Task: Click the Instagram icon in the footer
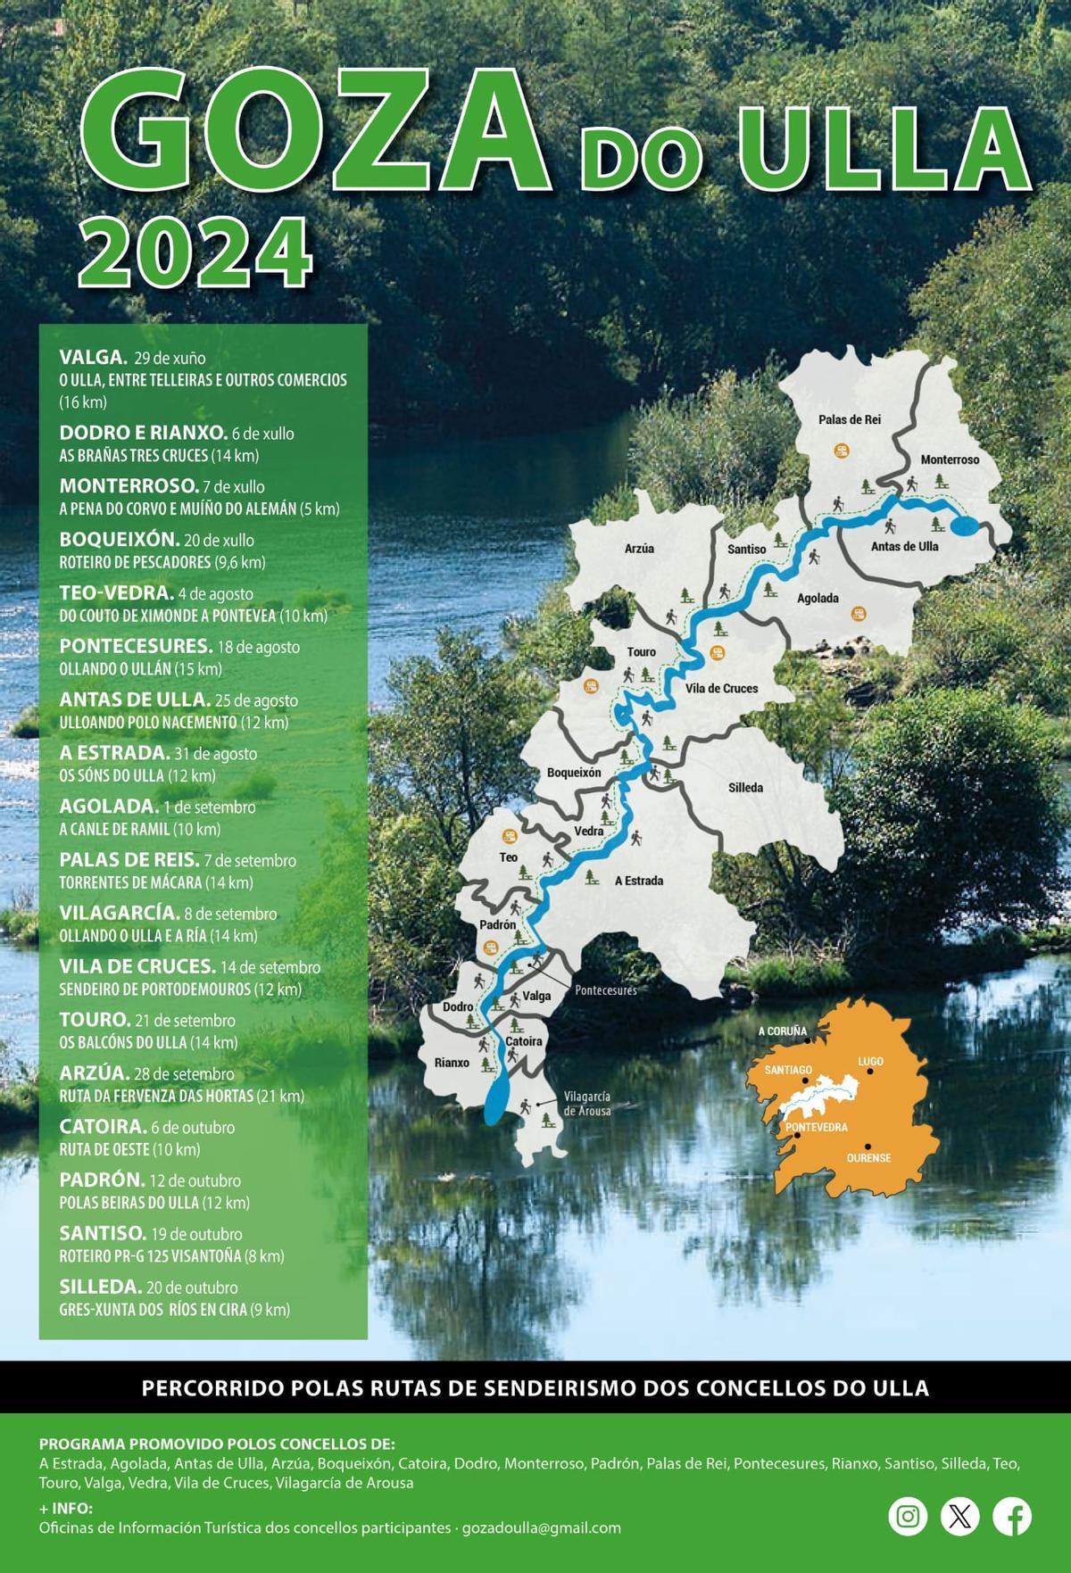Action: point(908,1516)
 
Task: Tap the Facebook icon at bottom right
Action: point(1012,1516)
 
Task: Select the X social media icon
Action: point(960,1516)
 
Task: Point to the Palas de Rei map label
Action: point(850,419)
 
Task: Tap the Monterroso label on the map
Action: point(950,459)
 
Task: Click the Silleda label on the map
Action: point(745,788)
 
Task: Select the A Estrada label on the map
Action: point(639,881)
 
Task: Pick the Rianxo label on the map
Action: point(452,1063)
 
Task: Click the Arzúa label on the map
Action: point(639,549)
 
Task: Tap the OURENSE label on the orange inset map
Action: point(868,1158)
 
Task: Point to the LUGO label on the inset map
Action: point(870,1062)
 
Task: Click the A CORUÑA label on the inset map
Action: point(783,1031)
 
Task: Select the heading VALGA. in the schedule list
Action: point(93,358)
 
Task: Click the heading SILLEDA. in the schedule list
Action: point(100,1287)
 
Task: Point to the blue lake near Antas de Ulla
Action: point(964,526)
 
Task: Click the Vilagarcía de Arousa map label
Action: point(586,1104)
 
